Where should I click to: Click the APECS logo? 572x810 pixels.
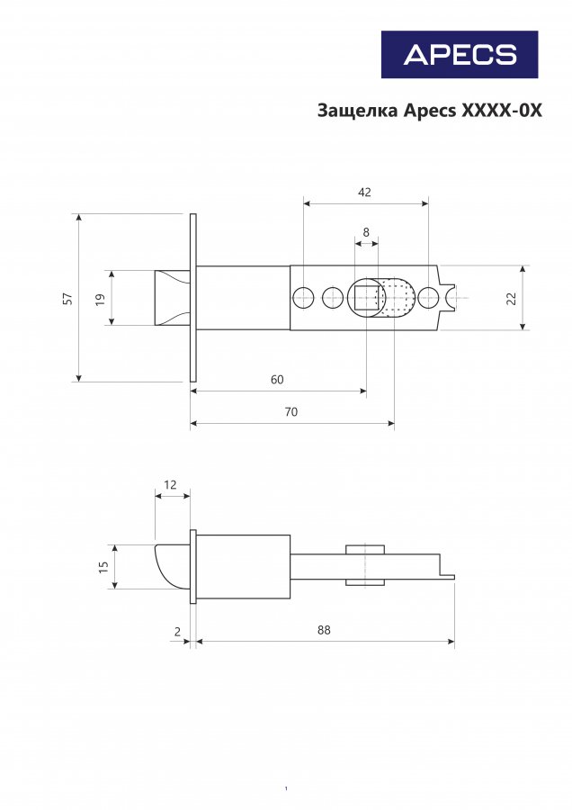(x=460, y=54)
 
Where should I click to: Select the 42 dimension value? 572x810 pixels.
(x=364, y=192)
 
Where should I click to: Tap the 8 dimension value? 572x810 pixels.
(x=366, y=232)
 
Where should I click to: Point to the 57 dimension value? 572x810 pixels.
(x=67, y=299)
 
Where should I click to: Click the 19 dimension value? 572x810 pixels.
(x=100, y=298)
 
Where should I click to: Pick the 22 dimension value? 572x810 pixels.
(x=512, y=299)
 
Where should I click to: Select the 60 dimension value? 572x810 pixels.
(x=277, y=380)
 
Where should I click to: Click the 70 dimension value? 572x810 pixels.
(x=290, y=411)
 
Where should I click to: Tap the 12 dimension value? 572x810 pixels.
(x=171, y=485)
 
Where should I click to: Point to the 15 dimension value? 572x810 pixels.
(x=103, y=566)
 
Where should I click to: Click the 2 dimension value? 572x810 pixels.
(x=176, y=631)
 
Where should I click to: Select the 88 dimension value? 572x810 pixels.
(x=324, y=630)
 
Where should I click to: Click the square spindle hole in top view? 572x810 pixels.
(x=366, y=297)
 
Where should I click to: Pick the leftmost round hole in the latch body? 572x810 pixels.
(x=303, y=297)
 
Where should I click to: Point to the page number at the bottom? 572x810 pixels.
(x=285, y=789)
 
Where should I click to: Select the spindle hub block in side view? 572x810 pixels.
(x=366, y=564)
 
